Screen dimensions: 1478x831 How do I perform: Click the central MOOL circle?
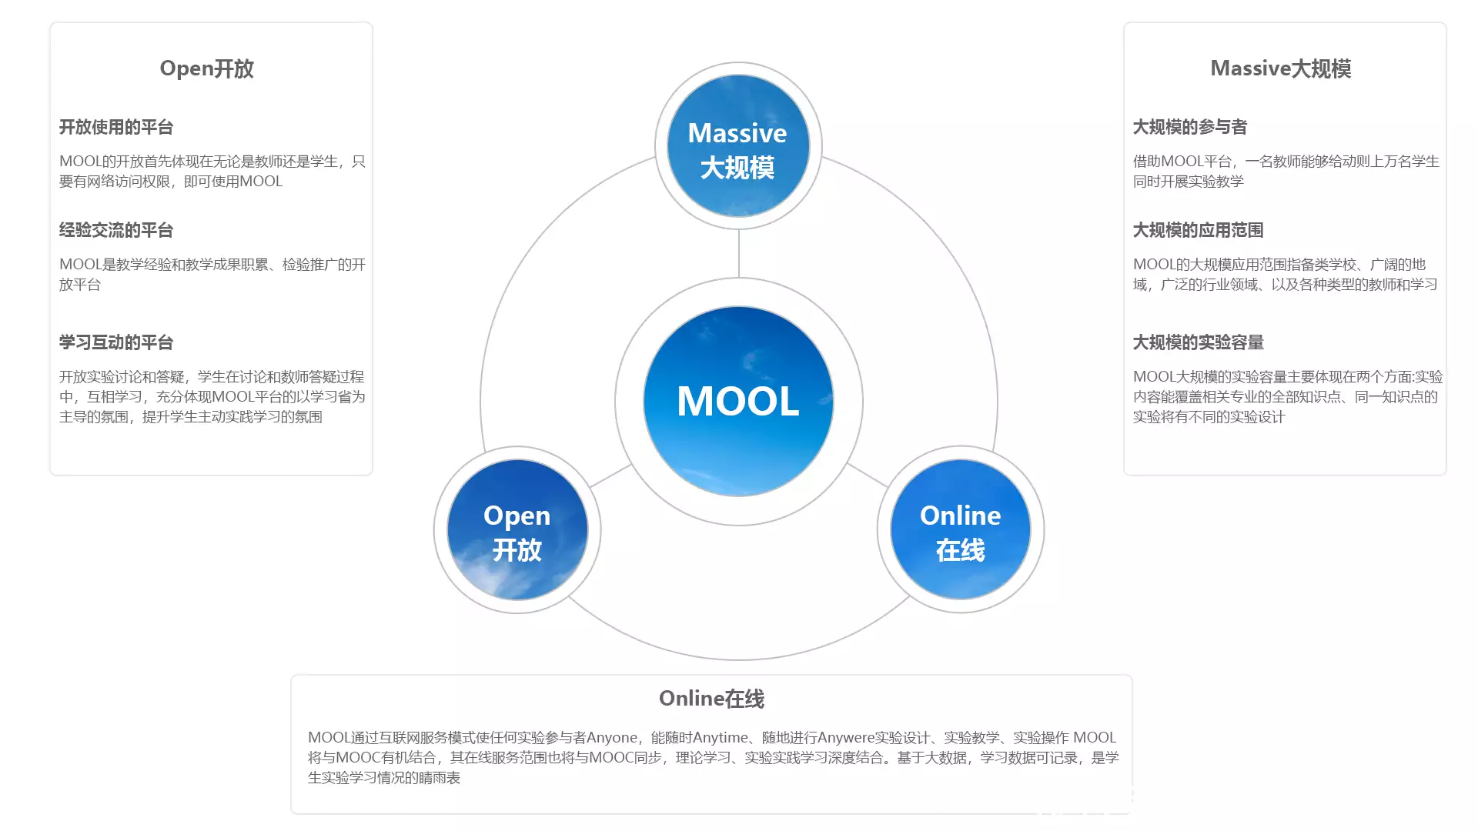coord(738,401)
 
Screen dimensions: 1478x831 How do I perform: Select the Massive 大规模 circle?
coord(738,145)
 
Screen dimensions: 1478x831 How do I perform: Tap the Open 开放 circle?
coord(517,529)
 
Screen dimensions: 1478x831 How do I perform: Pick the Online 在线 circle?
coord(960,529)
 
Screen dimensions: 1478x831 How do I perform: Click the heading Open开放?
coord(206,68)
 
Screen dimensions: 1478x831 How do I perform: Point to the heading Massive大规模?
coord(1280,68)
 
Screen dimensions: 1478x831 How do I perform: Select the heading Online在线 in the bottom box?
coord(711,699)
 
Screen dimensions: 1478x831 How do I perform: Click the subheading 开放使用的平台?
coord(116,127)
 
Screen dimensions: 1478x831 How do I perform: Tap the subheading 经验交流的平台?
coord(116,230)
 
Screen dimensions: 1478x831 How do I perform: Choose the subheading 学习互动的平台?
coord(116,342)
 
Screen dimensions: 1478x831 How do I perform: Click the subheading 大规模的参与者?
coord(1190,127)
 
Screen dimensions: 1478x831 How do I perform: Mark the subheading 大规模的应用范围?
coord(1199,230)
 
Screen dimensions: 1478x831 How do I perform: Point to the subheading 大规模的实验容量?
coord(1199,342)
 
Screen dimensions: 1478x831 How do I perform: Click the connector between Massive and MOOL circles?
coord(738,254)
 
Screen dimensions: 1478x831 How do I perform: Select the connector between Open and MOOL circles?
coord(611,476)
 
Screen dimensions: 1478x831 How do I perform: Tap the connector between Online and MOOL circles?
coord(867,475)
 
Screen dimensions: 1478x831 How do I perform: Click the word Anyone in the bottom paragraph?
coord(612,738)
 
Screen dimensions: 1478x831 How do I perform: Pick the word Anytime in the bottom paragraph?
coord(721,738)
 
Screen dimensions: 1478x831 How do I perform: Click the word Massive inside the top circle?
coord(737,133)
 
